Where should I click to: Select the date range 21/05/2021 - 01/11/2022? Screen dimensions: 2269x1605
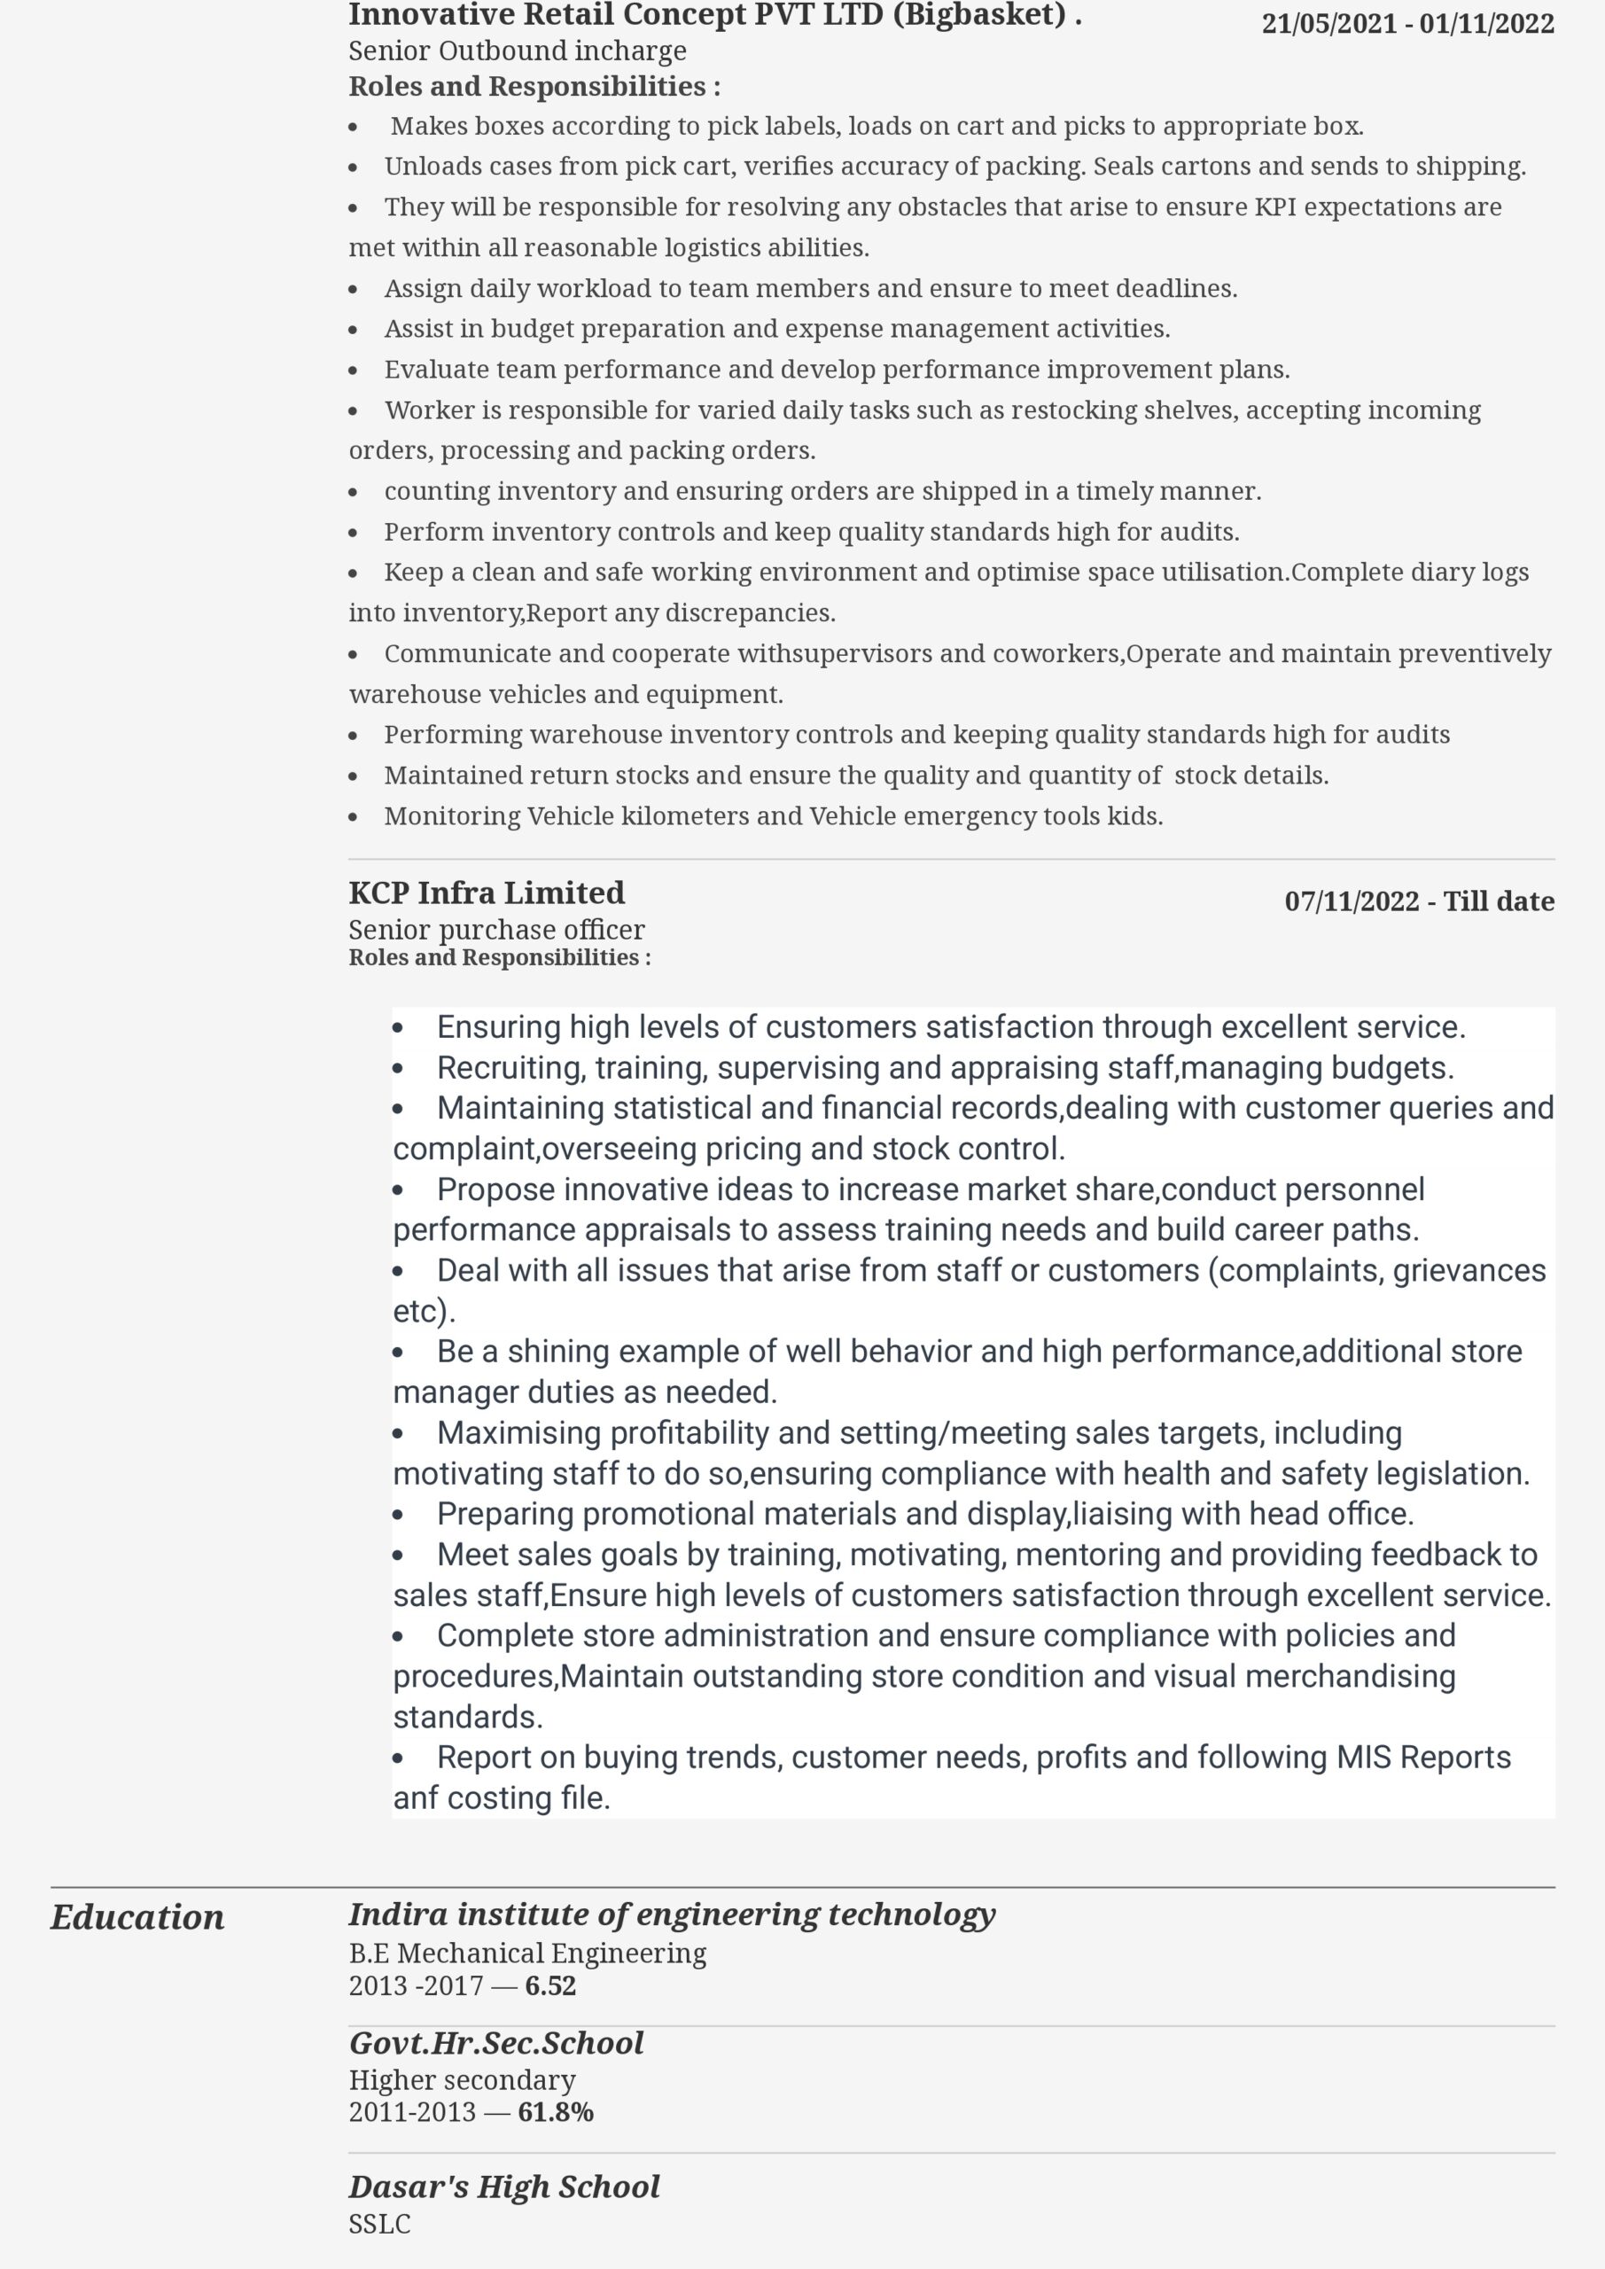tap(1407, 24)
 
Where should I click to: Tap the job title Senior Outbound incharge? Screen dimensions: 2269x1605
tap(517, 51)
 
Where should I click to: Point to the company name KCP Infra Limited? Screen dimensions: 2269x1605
tap(487, 893)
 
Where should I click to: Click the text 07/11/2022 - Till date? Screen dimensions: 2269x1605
tap(1418, 901)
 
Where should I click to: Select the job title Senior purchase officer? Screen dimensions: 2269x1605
tap(496, 930)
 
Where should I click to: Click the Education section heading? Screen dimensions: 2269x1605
tap(137, 1917)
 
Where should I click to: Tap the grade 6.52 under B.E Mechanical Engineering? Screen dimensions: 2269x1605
tap(550, 1985)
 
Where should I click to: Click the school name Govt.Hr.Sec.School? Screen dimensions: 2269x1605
tap(496, 2043)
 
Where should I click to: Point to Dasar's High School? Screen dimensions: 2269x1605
tap(504, 2187)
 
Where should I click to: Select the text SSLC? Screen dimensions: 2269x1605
tap(379, 2225)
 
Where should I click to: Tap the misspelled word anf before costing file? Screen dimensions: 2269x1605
tap(415, 1797)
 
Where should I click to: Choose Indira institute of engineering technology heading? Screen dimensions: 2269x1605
tap(672, 1914)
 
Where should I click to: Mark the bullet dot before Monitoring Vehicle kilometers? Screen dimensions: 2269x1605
tap(354, 817)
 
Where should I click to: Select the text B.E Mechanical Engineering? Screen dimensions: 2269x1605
tap(526, 1953)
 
